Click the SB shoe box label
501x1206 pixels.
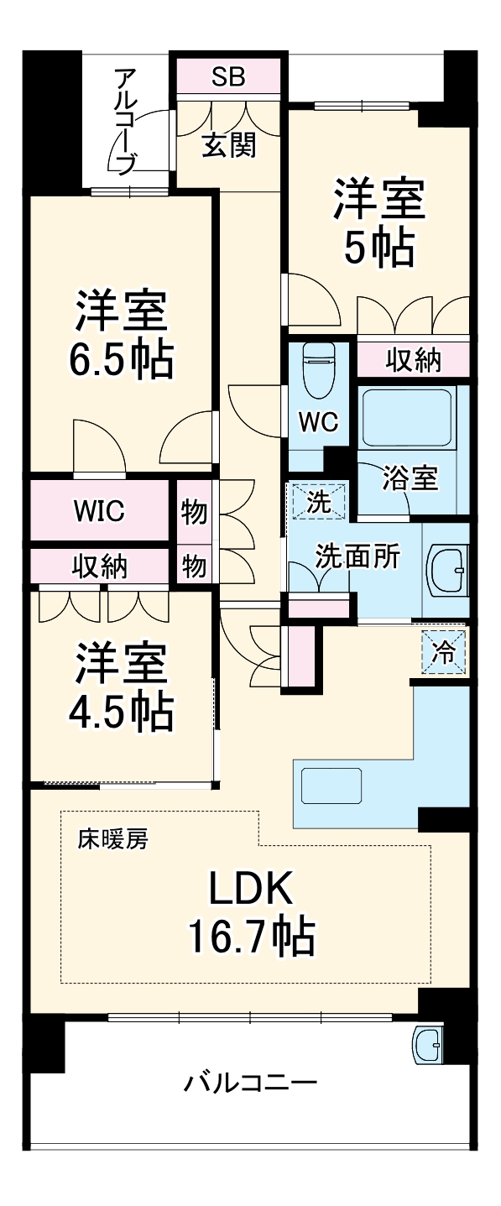click(x=227, y=77)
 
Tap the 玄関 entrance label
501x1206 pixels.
click(x=229, y=145)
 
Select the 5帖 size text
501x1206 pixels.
click(x=378, y=248)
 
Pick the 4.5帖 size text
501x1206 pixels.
click(x=121, y=713)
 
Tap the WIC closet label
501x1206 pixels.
click(x=100, y=510)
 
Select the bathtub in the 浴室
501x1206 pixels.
click(x=407, y=417)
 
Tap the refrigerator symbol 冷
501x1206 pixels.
click(x=445, y=652)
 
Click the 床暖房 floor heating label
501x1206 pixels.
click(x=113, y=838)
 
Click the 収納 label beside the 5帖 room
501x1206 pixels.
click(x=413, y=360)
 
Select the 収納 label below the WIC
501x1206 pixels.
click(x=100, y=566)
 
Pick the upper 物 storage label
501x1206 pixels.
click(x=194, y=511)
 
